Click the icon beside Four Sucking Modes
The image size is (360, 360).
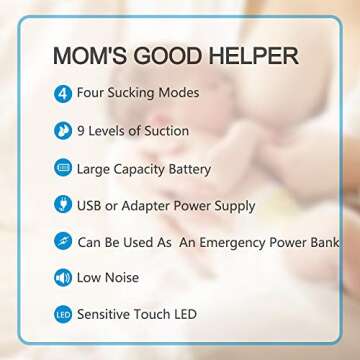63,93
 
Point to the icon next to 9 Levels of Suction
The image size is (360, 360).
63,130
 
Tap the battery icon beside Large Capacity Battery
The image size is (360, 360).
63,167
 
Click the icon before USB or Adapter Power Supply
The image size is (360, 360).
63,205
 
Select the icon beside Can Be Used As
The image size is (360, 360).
63,241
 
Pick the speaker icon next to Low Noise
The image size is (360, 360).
63,277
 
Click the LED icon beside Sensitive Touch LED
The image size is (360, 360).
63,314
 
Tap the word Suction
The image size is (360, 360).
165,130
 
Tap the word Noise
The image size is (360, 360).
122,277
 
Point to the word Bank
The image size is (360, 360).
323,241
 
